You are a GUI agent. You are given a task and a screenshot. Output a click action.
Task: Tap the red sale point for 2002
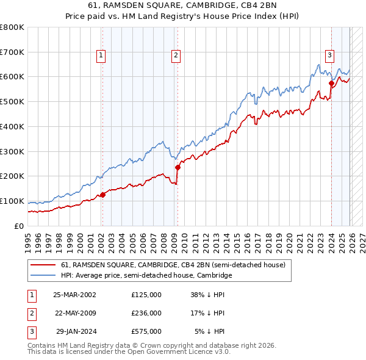(102, 195)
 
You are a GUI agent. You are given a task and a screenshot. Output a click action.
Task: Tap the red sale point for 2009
(178, 167)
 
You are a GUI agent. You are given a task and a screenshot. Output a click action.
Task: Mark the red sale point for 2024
(331, 83)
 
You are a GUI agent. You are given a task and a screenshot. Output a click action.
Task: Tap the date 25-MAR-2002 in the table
(74, 294)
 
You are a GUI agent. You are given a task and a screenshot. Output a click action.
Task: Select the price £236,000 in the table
(146, 313)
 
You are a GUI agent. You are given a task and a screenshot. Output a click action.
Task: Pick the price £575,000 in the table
(146, 331)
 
